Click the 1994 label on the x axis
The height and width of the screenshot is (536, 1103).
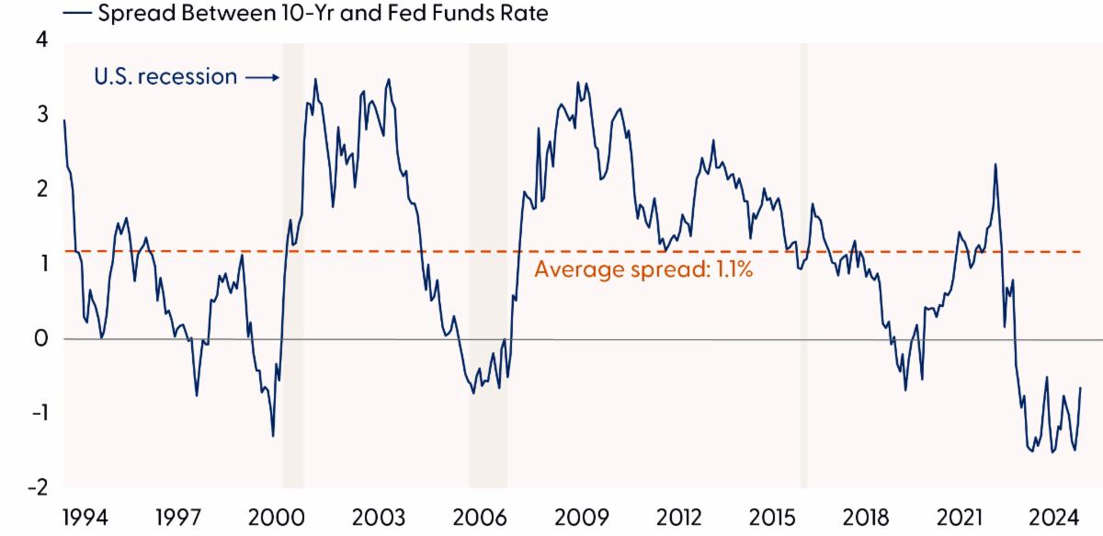(x=85, y=517)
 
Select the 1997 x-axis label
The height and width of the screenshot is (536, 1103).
(x=180, y=517)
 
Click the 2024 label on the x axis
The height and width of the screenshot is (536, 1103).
(x=1057, y=517)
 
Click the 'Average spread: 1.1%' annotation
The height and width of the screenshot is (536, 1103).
(x=643, y=270)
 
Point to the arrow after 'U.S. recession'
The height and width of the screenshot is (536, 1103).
(x=262, y=78)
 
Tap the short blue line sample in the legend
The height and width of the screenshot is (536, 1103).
(x=77, y=14)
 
